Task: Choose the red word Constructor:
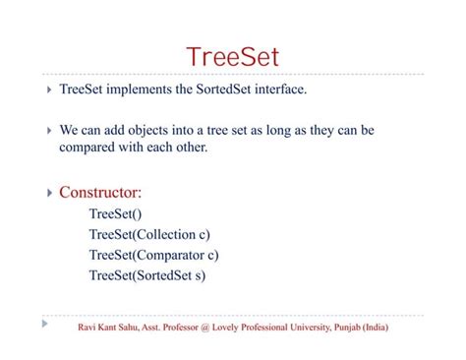click(x=100, y=192)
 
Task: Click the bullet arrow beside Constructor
click(x=49, y=193)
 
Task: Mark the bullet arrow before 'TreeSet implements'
click(x=49, y=90)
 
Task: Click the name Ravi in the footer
click(x=87, y=327)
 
